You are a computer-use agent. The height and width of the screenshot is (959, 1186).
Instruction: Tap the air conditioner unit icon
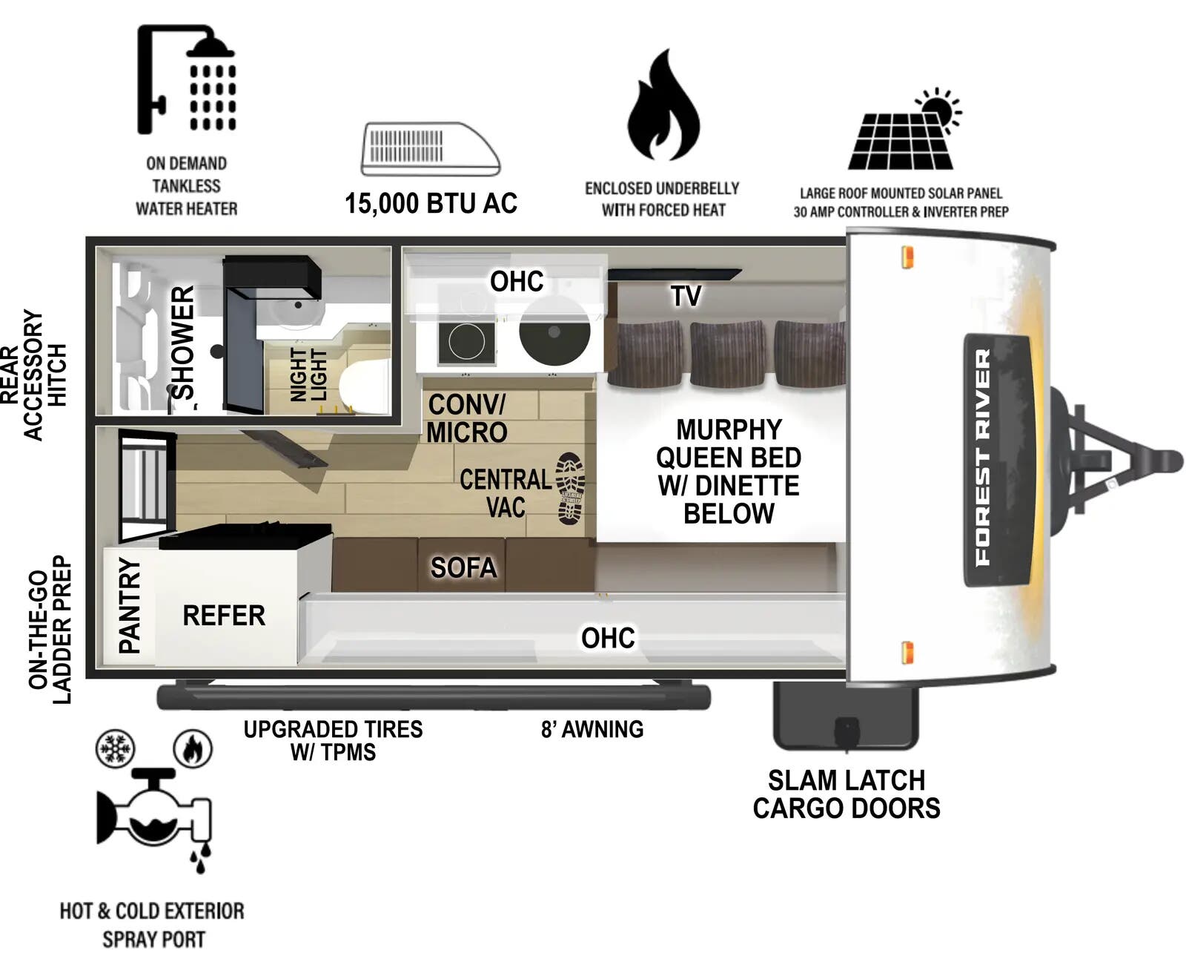tap(430, 149)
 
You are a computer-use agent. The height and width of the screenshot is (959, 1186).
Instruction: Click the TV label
tap(686, 296)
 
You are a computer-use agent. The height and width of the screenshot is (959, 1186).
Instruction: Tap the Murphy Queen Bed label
tap(728, 471)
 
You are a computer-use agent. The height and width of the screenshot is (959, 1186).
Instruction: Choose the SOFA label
tap(463, 567)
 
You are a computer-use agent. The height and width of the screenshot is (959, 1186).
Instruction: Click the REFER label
tap(224, 615)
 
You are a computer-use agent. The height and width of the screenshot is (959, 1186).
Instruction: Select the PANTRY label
tap(129, 605)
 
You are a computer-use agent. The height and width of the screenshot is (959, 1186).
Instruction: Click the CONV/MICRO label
tap(467, 418)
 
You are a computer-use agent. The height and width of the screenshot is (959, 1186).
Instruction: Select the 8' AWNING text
tap(592, 729)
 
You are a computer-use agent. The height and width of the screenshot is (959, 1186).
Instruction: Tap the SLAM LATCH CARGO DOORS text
tap(847, 794)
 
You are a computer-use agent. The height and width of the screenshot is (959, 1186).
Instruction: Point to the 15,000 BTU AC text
tap(431, 203)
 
